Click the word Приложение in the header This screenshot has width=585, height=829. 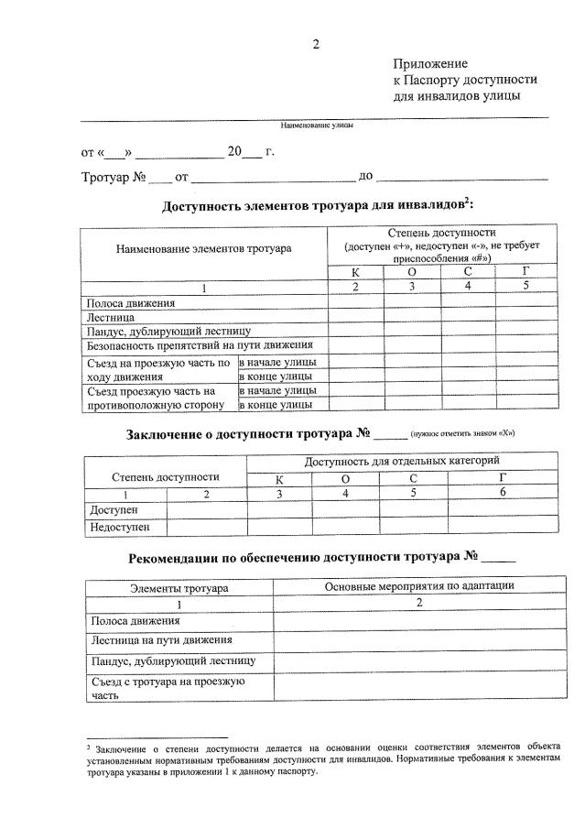pyautogui.click(x=429, y=63)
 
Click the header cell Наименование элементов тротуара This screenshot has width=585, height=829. pyautogui.click(x=203, y=248)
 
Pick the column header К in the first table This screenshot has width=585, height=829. pyautogui.click(x=355, y=272)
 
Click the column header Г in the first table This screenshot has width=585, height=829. pyautogui.click(x=525, y=272)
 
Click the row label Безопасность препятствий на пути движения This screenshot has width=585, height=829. pyautogui.click(x=200, y=345)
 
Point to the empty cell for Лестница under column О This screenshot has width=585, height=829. pyautogui.click(x=412, y=317)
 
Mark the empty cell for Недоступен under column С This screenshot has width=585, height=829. pyautogui.click(x=412, y=527)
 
